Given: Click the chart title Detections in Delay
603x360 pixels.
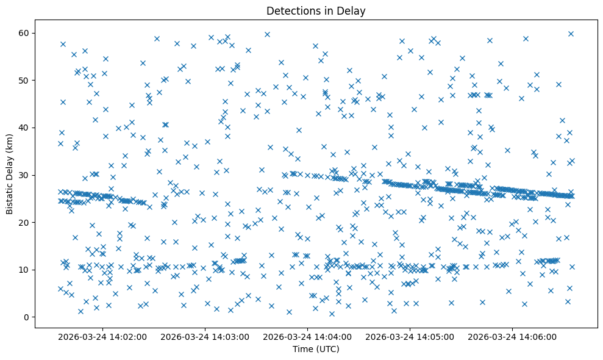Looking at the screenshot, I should [x=316, y=11].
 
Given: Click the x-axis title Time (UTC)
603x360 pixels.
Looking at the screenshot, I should [x=316, y=349].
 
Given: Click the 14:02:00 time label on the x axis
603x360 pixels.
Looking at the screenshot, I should [x=103, y=336].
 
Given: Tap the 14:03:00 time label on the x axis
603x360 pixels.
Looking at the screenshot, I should [x=205, y=336].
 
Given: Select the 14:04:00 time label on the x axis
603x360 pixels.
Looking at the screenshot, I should [x=308, y=336].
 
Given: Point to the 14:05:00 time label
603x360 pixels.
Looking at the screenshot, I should [x=410, y=336].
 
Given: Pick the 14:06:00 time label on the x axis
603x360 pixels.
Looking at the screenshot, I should [x=513, y=336].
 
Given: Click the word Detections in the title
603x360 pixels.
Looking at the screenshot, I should [x=291, y=11].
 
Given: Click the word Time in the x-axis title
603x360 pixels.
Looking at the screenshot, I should [x=303, y=349].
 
